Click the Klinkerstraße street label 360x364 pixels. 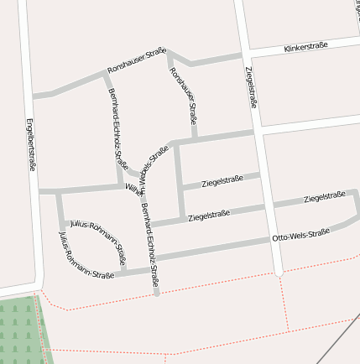click(x=306, y=45)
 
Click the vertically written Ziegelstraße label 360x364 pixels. click(x=251, y=87)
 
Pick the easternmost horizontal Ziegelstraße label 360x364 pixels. click(x=325, y=196)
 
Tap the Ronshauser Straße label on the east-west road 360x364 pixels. click(x=137, y=60)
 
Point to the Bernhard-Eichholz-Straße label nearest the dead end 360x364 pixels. click(x=150, y=244)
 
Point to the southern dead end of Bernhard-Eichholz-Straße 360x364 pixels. click(x=157, y=293)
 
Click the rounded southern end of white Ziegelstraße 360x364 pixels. click(x=279, y=272)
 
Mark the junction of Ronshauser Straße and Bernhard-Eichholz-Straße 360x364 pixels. click(x=105, y=73)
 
